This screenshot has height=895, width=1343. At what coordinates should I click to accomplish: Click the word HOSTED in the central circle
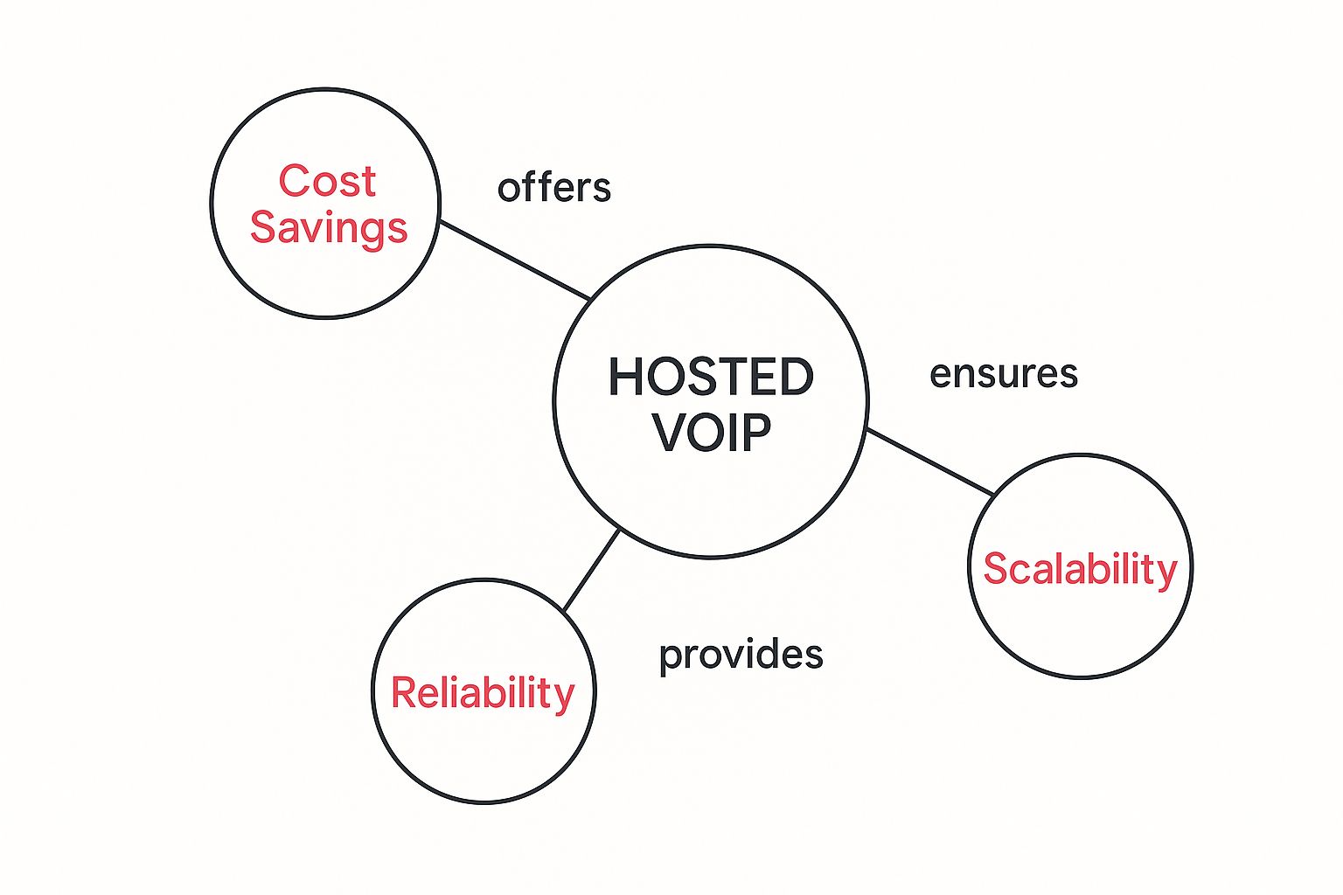711,378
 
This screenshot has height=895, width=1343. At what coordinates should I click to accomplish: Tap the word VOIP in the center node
713,432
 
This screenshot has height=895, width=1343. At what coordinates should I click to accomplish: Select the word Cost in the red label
327,182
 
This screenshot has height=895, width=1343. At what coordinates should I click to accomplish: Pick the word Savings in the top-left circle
329,227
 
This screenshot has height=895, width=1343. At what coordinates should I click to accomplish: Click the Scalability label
1080,569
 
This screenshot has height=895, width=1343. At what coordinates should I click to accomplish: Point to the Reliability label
483,693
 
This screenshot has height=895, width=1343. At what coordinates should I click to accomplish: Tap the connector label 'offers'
554,188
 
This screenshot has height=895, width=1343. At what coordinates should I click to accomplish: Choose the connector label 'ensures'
1004,374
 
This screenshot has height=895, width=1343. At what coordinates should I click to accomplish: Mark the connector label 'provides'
741,656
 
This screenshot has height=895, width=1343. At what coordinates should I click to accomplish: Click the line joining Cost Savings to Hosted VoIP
514,260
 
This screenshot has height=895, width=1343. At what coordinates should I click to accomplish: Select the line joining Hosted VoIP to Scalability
929,462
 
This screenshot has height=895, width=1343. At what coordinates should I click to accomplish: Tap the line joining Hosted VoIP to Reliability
592,570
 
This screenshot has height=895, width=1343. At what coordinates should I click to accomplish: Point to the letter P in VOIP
757,432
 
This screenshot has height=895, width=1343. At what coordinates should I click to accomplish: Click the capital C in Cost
294,182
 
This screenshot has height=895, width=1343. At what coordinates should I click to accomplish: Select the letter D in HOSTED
796,378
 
